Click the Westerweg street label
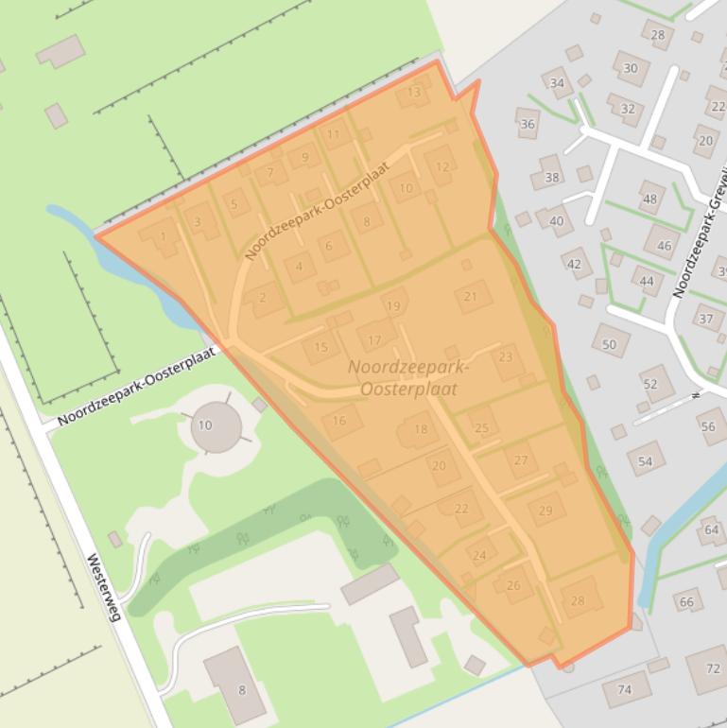tap(104, 587)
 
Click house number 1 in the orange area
tap(163, 237)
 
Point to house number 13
tap(413, 93)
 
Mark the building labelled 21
tap(471, 296)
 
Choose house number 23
tap(506, 357)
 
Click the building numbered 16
tap(339, 421)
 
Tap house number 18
tap(421, 429)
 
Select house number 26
tap(513, 585)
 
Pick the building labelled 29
tap(545, 511)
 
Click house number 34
tap(557, 83)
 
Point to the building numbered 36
tap(528, 124)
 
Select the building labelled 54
tap(646, 461)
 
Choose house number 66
tap(686, 601)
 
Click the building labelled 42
tap(575, 264)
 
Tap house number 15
tap(321, 348)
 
